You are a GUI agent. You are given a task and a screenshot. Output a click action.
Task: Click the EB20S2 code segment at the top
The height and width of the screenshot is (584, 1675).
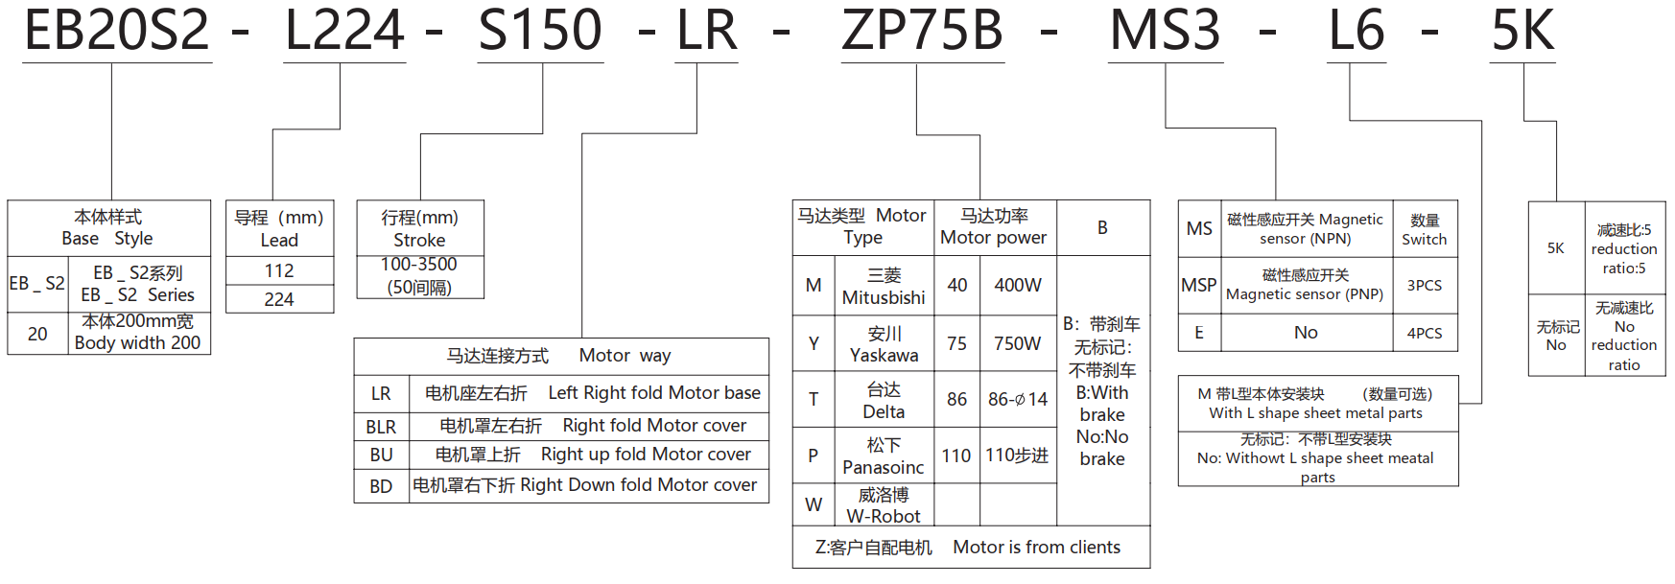coord(116,31)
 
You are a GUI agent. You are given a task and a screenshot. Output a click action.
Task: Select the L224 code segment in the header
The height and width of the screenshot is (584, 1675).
coord(344,31)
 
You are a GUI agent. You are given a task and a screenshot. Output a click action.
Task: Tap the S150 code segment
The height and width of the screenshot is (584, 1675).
coord(540,31)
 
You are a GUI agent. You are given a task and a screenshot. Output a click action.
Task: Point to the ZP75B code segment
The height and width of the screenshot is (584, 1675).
coord(922,31)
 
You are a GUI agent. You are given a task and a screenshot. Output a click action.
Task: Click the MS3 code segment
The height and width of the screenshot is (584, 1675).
coord(1165,31)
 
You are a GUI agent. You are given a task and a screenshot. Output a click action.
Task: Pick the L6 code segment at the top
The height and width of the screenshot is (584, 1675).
coord(1357,31)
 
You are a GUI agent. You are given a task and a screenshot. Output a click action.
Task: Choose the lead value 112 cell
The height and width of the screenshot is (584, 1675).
coord(279,271)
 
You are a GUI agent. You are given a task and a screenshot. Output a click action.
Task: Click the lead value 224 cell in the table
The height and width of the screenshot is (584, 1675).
coord(279,299)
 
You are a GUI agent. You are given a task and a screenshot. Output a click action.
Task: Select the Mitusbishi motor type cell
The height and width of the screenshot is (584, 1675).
coord(884,287)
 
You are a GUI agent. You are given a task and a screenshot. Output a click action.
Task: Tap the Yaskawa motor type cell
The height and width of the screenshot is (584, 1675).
coord(884,344)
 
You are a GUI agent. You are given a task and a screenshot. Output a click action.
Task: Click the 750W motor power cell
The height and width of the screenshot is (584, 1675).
coord(1018,343)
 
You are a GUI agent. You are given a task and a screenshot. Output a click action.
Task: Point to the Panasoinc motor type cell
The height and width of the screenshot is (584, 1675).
coord(884,456)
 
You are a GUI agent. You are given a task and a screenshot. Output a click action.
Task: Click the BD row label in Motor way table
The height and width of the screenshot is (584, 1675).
coord(381,486)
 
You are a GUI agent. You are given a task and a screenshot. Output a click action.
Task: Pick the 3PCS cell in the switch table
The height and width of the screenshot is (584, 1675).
coord(1425,286)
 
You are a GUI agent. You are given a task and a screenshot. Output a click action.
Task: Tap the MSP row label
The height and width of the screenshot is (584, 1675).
coord(1199,286)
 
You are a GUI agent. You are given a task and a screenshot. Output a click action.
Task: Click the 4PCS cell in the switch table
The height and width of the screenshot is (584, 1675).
coord(1425,333)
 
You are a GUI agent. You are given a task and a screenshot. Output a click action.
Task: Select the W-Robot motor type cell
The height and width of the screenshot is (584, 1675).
coord(884,505)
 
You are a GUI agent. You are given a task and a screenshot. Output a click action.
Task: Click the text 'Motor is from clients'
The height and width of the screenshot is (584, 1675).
coord(1036,548)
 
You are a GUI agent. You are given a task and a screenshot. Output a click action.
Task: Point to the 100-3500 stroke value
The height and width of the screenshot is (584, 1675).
coord(419,265)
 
